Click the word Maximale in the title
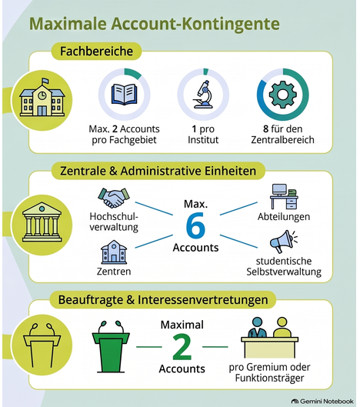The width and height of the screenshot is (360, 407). pos(68,24)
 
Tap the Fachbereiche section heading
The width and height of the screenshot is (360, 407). pos(97,51)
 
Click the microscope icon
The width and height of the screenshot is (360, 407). pos(203,94)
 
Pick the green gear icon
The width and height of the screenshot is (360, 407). pos(282,94)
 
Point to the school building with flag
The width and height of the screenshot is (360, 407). pos(42,97)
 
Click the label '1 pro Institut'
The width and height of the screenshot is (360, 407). pos(203,135)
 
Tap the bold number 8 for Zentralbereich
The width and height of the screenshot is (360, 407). pos(265,128)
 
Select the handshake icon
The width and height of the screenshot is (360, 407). pos(114,198)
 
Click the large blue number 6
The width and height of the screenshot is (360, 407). pos(195,225)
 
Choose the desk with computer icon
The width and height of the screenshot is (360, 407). pos(284,196)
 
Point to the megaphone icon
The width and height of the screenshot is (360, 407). pos(283,241)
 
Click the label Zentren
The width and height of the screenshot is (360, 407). pos(114,272)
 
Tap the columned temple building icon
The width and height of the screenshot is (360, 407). pos(42,222)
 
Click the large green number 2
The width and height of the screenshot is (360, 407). pos(182,347)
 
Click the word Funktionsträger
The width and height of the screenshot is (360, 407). pos(269,378)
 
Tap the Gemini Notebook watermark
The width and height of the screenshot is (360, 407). pos(322,402)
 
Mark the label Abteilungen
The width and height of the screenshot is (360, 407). pos(284,217)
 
